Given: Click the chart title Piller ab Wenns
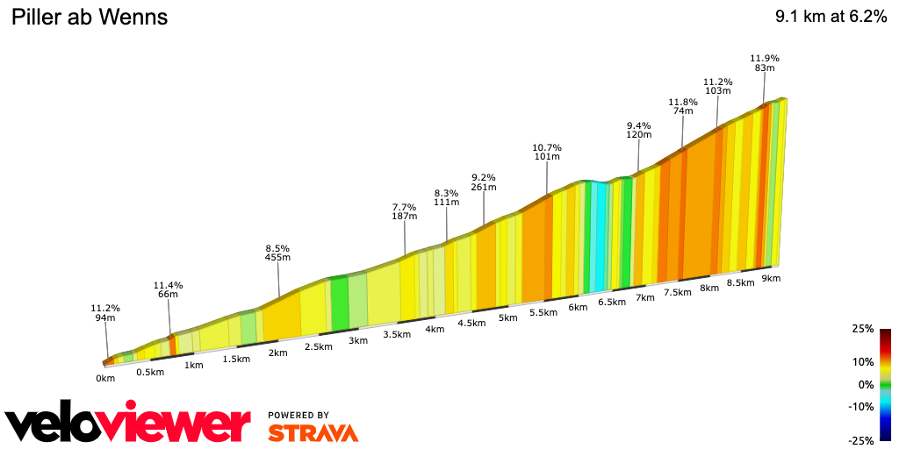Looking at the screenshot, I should coord(89,18).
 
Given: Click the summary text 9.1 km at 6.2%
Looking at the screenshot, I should coord(831,18).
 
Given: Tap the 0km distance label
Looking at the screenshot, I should coord(105,379).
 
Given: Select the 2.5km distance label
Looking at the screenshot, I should coord(318,346).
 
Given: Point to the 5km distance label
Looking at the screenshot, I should coord(507,317).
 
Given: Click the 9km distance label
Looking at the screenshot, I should coord(771,278).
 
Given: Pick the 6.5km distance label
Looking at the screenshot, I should coord(611,302).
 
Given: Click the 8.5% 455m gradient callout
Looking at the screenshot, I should coord(278,253).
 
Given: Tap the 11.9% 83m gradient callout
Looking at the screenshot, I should coord(764,63).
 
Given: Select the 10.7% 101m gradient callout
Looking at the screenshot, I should coord(547,153).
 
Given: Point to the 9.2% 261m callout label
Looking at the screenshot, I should coord(484,182).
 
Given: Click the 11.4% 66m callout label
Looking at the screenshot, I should coord(168,290).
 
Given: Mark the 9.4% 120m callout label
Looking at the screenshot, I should coord(638,130).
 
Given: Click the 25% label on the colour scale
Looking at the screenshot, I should coord(863,329).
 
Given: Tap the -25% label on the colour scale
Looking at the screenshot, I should coord(861,440).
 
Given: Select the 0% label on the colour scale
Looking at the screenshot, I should coord(866,384).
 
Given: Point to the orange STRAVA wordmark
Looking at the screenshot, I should coord(313,432).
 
